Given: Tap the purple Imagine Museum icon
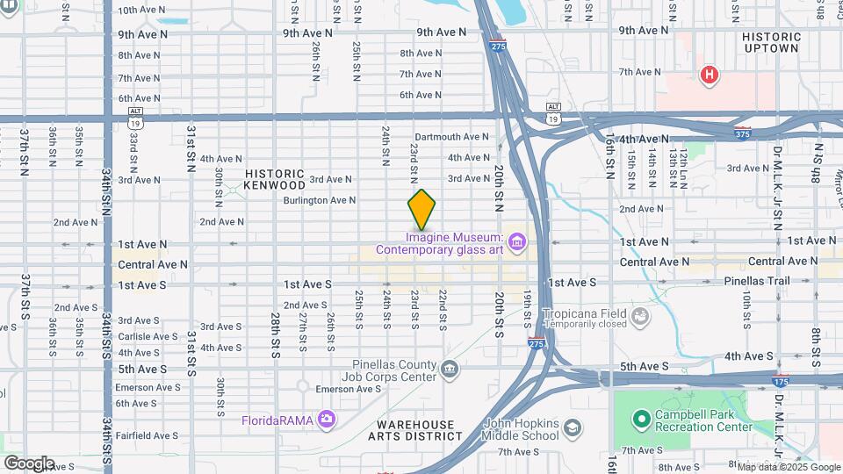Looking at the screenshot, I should click(x=516, y=241).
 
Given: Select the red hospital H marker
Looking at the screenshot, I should click(x=709, y=75).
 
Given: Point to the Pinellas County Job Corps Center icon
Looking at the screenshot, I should click(x=450, y=368).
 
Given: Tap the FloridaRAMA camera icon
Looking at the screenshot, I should click(x=328, y=420).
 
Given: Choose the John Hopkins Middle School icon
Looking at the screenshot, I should click(x=573, y=427).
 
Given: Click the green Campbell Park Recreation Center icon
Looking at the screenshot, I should click(x=640, y=420).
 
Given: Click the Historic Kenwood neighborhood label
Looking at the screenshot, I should click(x=275, y=179).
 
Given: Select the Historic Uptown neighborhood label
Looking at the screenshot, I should click(x=771, y=42).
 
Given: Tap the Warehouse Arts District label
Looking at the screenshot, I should click(x=411, y=430).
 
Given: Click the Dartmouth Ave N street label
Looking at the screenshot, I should click(x=451, y=137).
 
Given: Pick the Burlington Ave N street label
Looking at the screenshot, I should click(x=319, y=200).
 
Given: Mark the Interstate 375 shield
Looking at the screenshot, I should click(x=743, y=133).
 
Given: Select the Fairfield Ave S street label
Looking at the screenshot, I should click(x=147, y=435).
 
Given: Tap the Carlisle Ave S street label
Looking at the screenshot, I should click(x=147, y=335).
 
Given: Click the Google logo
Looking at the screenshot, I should click(x=28, y=463).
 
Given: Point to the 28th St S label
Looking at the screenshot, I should click(x=275, y=323).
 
